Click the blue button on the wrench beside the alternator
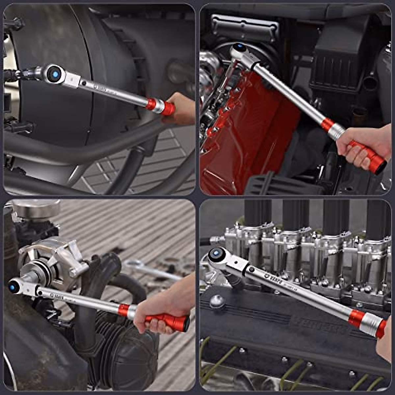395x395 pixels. [13, 287]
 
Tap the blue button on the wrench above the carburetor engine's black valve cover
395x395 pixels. [216, 254]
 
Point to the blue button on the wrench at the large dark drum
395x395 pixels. [55, 74]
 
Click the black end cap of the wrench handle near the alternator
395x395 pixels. [187, 323]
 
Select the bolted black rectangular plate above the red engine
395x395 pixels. [245, 28]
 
